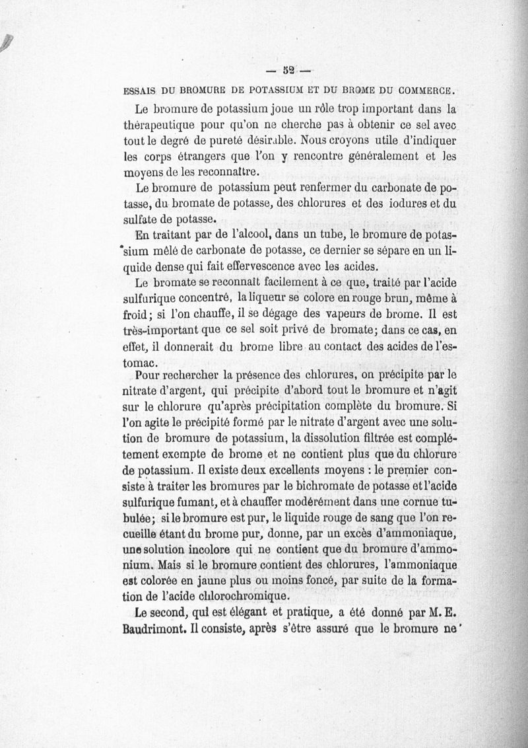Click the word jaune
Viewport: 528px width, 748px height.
(219, 583)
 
